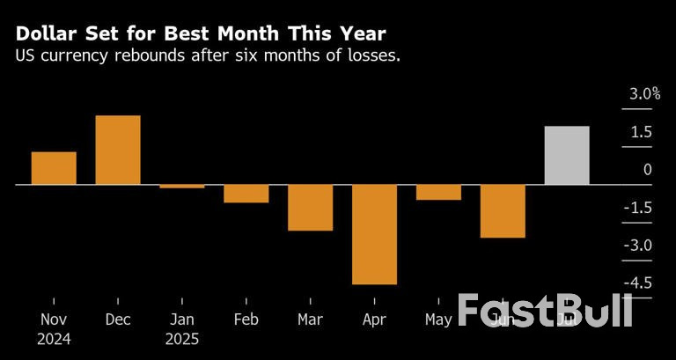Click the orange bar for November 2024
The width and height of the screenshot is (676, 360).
[54, 168]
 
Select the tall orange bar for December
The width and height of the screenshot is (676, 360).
[118, 150]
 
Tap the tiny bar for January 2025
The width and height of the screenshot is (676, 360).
[182, 186]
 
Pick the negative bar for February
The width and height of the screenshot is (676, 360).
[246, 194]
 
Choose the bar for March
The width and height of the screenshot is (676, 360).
[310, 208]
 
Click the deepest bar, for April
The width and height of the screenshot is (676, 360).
[374, 234]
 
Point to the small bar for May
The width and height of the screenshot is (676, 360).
[438, 192]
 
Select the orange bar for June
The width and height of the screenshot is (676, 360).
[503, 211]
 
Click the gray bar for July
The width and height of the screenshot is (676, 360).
[567, 156]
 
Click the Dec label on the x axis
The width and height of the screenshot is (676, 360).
[118, 320]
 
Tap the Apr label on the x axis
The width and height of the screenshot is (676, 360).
[374, 320]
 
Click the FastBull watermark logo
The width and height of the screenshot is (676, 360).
[545, 312]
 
